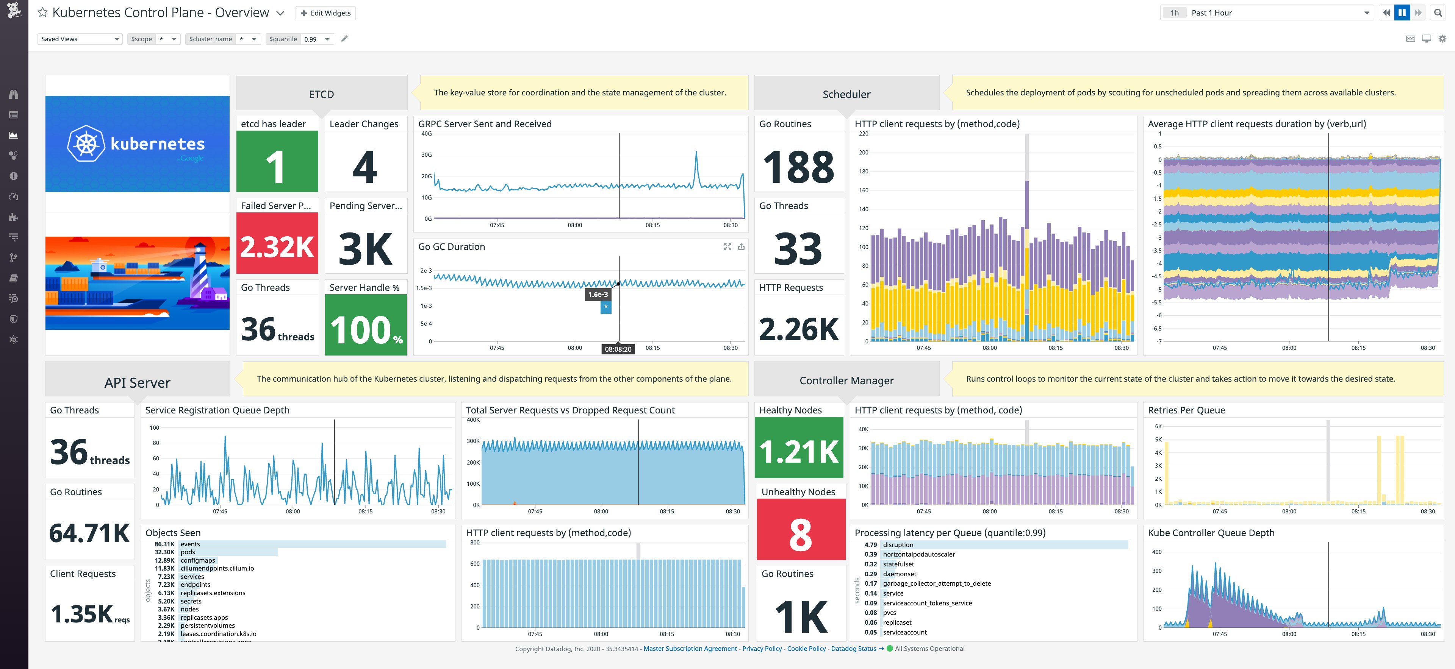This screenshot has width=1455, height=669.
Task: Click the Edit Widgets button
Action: coord(325,13)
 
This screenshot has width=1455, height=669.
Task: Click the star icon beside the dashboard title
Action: coord(42,12)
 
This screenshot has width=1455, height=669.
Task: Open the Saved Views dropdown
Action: coord(79,39)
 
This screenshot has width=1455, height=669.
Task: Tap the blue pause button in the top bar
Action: coord(1402,13)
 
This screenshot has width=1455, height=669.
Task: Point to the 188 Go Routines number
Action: coord(798,167)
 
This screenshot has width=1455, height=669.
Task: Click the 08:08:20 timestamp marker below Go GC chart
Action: coord(618,349)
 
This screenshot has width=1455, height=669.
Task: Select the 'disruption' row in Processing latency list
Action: coord(898,545)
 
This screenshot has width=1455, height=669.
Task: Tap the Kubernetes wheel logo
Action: coord(86,143)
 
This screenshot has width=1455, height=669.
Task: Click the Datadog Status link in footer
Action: coord(853,649)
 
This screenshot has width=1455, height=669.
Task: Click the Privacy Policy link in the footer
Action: coord(761,649)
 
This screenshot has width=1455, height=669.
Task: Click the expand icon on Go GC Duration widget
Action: coord(727,247)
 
